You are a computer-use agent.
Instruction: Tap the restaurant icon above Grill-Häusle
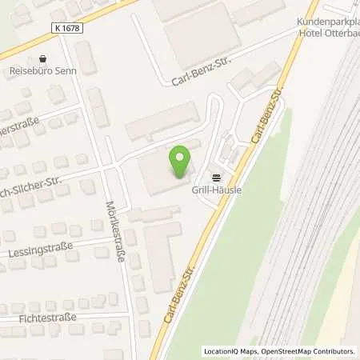pos(214,177)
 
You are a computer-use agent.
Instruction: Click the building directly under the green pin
pos(165,173)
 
